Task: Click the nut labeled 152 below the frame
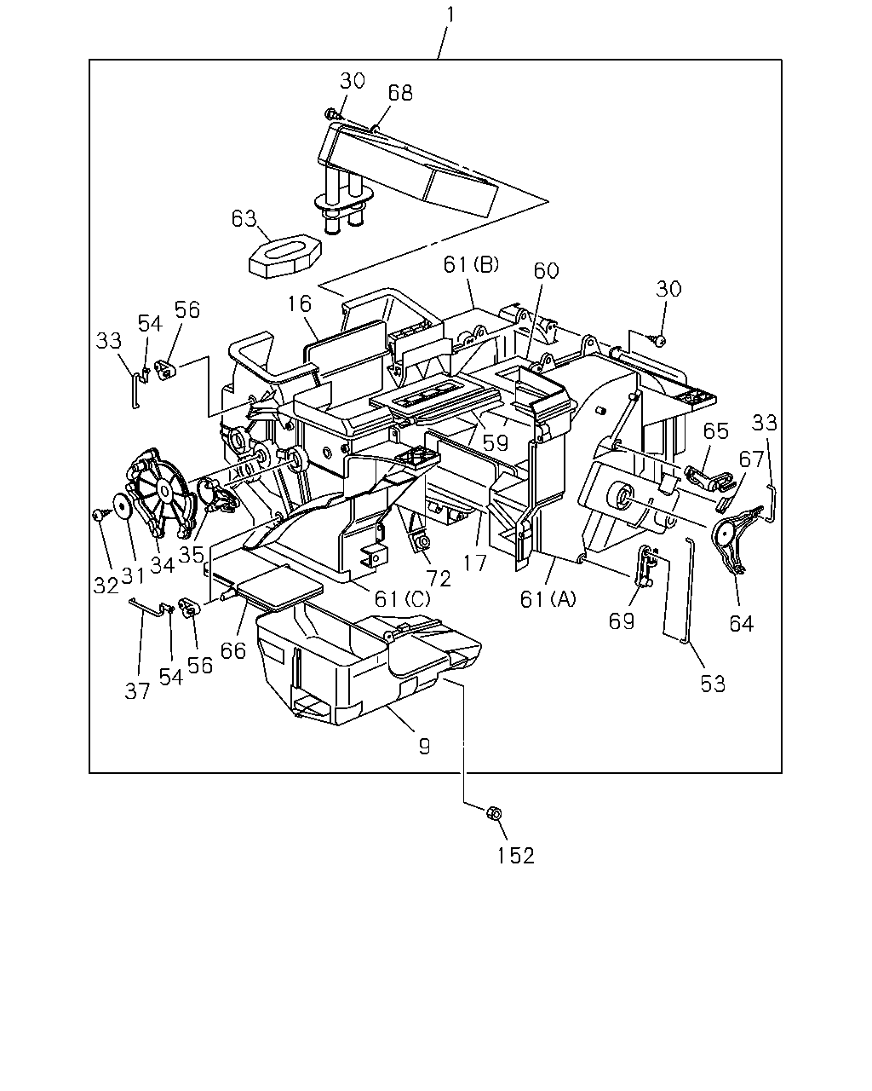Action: (494, 813)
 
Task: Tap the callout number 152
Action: (515, 856)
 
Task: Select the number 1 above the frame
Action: (450, 14)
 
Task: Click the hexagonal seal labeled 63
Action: (285, 255)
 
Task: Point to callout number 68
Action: (400, 93)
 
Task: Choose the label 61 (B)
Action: (471, 264)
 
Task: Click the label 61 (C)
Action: (402, 598)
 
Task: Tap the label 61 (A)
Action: (548, 600)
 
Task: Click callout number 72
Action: (439, 578)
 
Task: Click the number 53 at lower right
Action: (713, 684)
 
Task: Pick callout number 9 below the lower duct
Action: (425, 746)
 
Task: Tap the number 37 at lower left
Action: (137, 690)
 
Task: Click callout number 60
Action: (546, 271)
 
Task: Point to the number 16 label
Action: (300, 303)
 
